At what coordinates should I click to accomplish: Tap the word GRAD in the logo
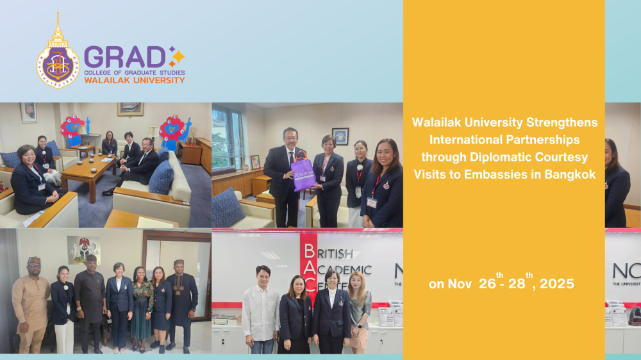[125, 57]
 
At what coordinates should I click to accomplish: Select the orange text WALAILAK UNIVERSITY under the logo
[134, 81]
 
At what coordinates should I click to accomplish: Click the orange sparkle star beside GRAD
[176, 56]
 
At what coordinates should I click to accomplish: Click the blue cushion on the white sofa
[161, 177]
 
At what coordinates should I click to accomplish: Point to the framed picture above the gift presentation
[340, 136]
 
